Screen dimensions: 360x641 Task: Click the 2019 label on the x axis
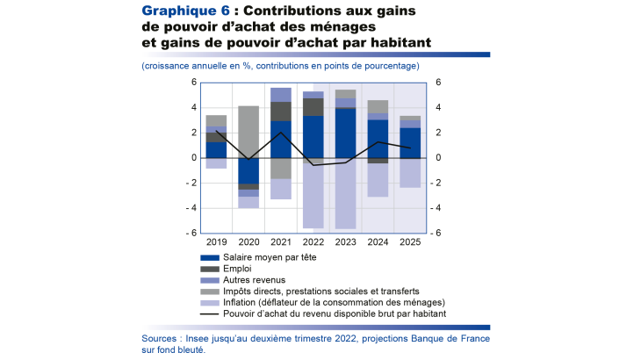coord(216,241)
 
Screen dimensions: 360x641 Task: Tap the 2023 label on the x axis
coord(345,241)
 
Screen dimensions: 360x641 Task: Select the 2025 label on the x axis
coord(410,241)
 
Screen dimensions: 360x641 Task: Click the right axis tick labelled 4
coord(437,108)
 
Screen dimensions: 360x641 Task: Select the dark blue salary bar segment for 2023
coord(345,133)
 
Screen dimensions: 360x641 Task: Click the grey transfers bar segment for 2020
coord(248,132)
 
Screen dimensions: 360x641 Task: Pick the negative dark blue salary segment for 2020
coord(248,170)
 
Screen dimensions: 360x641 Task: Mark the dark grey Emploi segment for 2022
coord(313,106)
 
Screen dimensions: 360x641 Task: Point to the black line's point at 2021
coord(281,133)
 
